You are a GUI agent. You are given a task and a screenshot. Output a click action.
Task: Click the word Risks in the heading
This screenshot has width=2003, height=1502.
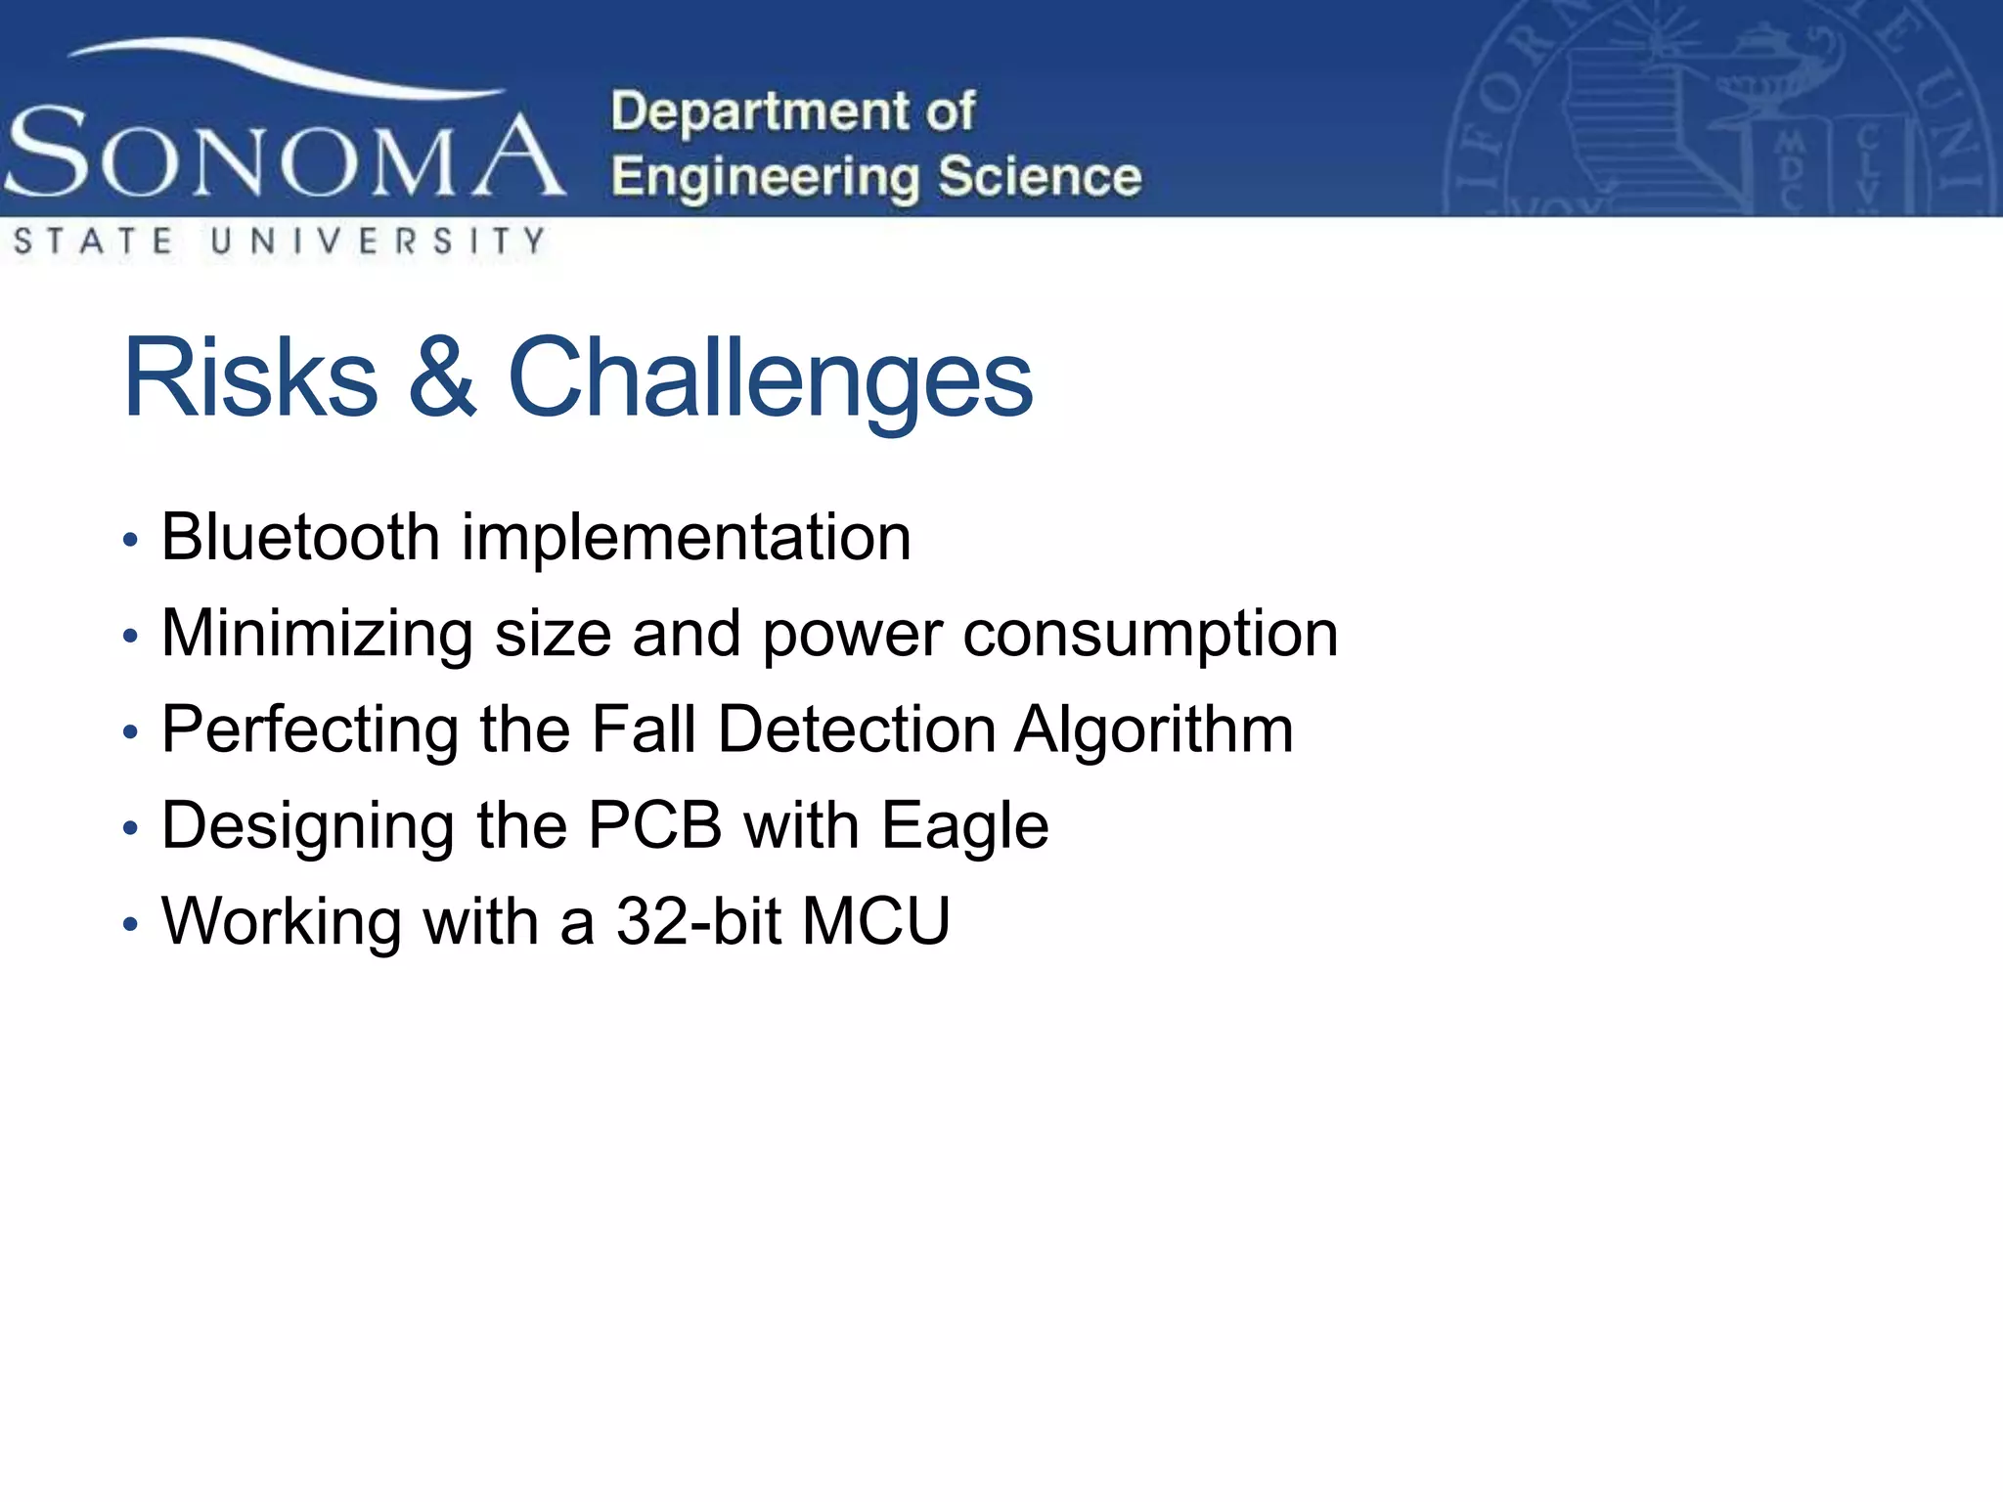pos(250,378)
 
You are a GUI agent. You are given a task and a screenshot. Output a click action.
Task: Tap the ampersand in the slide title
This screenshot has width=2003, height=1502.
pos(442,378)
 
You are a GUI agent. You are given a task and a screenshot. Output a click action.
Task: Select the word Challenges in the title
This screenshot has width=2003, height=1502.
pos(770,378)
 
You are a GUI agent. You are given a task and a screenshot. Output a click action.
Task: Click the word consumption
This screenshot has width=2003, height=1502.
pos(1150,636)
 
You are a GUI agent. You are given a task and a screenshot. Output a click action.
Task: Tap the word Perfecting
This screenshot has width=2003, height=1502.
pos(309,729)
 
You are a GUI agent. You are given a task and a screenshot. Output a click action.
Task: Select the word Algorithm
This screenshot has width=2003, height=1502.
pos(1153,731)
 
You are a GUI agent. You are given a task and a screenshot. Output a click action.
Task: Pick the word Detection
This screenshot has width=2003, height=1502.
pos(857,729)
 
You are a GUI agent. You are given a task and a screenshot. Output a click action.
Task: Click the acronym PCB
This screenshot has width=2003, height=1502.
pos(654,825)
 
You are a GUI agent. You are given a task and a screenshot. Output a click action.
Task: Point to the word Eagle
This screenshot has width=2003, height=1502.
pos(964,827)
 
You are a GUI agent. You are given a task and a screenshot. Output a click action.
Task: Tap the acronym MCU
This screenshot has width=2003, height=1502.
pos(875,921)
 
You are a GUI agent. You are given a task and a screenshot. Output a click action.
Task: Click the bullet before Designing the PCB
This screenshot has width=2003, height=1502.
pos(131,829)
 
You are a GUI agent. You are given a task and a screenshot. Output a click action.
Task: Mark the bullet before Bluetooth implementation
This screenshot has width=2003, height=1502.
pos(131,541)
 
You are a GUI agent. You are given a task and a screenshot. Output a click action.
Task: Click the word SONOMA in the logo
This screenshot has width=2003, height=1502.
pos(284,155)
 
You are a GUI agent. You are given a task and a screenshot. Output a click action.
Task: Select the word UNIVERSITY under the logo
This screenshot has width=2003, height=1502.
pos(378,242)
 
